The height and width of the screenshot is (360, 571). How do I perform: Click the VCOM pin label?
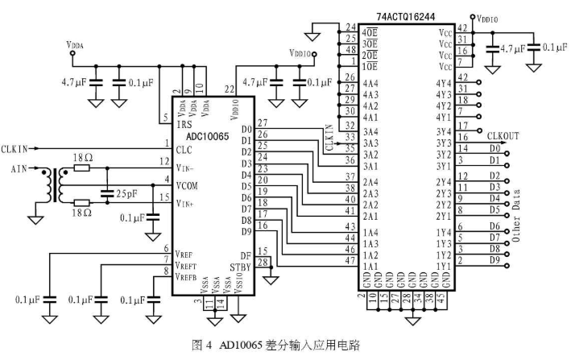pos(188,186)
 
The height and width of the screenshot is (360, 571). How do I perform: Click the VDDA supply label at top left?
pos(73,47)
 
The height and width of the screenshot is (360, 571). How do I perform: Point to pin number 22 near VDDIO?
pos(230,89)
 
